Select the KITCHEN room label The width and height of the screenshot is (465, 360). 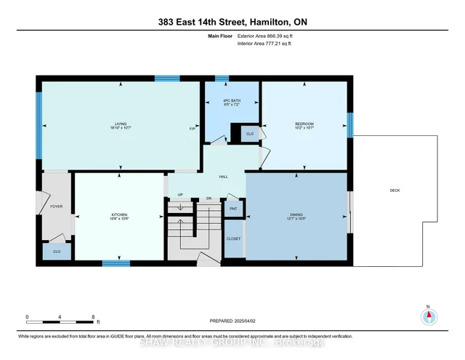point(119,215)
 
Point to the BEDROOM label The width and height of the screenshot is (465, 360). point(304,124)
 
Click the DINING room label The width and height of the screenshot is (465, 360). point(296,215)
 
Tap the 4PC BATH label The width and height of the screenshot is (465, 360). point(232,102)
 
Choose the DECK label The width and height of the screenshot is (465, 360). point(395,191)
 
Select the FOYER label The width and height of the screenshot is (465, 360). point(56,207)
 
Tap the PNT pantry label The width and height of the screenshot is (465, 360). point(233,209)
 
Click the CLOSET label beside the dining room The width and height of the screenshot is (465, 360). point(233,239)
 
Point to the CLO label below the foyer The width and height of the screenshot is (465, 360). point(56,251)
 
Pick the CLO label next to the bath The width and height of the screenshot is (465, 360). point(250,134)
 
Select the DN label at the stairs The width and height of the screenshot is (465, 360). point(209,197)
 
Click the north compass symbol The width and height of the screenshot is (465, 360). point(428,316)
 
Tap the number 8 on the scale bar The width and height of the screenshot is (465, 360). point(93,316)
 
